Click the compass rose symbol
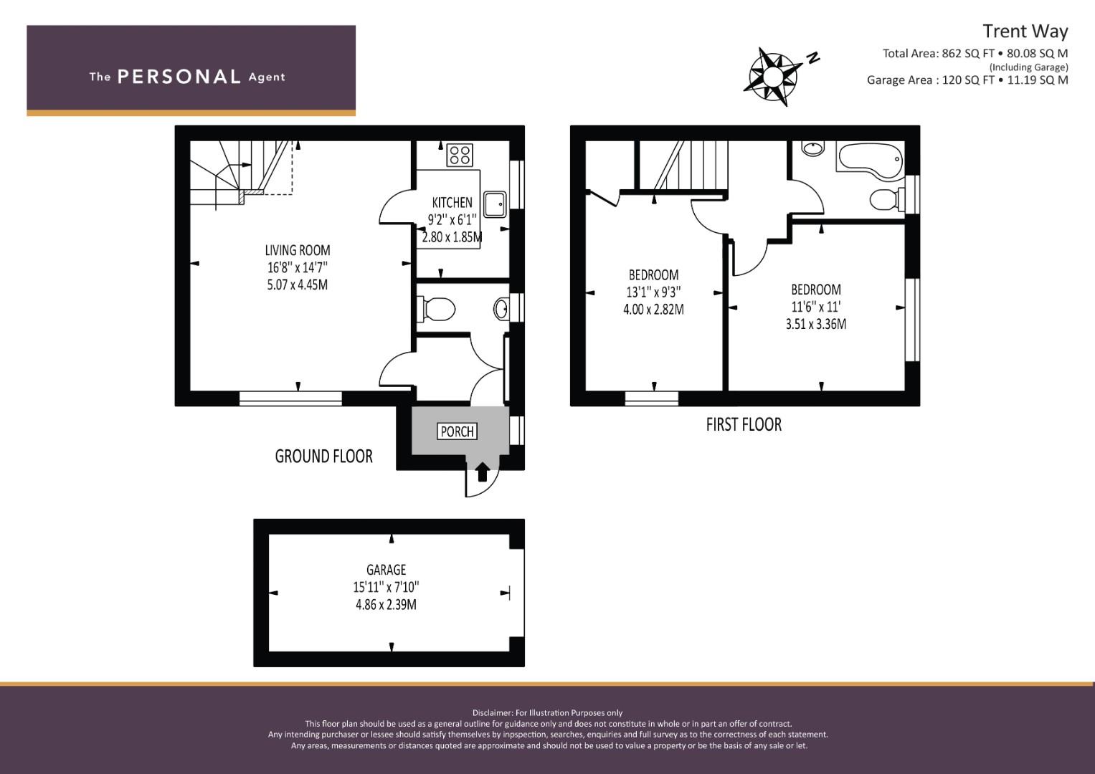click(x=773, y=77)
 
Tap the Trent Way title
click(x=1025, y=32)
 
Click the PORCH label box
click(x=457, y=431)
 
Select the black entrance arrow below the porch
click(x=483, y=472)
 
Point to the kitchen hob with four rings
click(x=460, y=154)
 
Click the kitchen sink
click(x=496, y=204)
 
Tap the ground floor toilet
click(x=435, y=310)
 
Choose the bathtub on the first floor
click(x=870, y=159)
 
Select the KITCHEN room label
click(x=452, y=202)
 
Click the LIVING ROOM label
click(x=297, y=250)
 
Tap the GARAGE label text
click(x=387, y=570)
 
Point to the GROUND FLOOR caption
click(x=323, y=457)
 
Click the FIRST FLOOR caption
click(x=744, y=424)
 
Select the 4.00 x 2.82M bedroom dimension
click(x=653, y=310)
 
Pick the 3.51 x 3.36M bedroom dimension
click(x=816, y=324)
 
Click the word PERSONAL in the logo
click(x=179, y=77)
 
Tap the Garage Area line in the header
click(x=967, y=80)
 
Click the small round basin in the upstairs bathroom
click(x=812, y=148)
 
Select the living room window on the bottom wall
click(x=290, y=398)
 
